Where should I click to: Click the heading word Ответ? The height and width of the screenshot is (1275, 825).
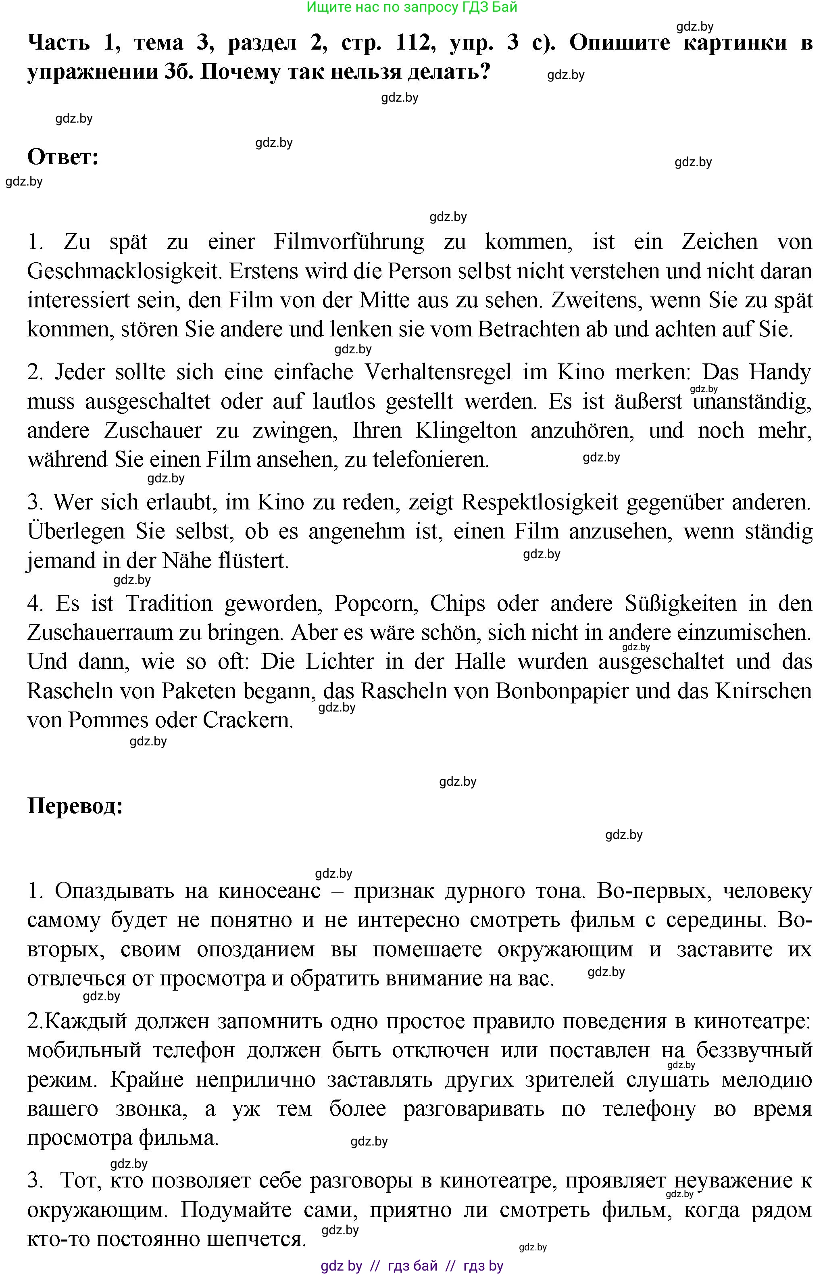(x=62, y=157)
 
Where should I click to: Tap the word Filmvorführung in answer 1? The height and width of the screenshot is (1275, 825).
(x=349, y=242)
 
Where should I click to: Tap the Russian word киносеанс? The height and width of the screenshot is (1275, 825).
(x=269, y=891)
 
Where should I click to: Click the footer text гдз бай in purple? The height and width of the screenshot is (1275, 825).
(x=412, y=1266)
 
